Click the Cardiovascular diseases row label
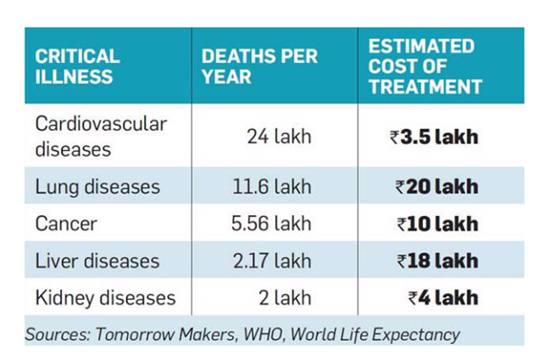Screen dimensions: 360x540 (x=100, y=136)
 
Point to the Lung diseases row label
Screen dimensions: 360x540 (x=97, y=187)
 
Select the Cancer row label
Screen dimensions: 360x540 (x=66, y=224)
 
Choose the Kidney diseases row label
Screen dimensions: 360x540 (x=105, y=298)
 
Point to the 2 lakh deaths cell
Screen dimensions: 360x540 (x=282, y=298)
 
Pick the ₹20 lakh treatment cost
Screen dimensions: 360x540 (x=436, y=187)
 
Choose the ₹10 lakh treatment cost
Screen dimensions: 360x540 (x=436, y=224)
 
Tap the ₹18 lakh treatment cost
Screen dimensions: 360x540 (x=436, y=261)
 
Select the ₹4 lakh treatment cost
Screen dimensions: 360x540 (x=442, y=298)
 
